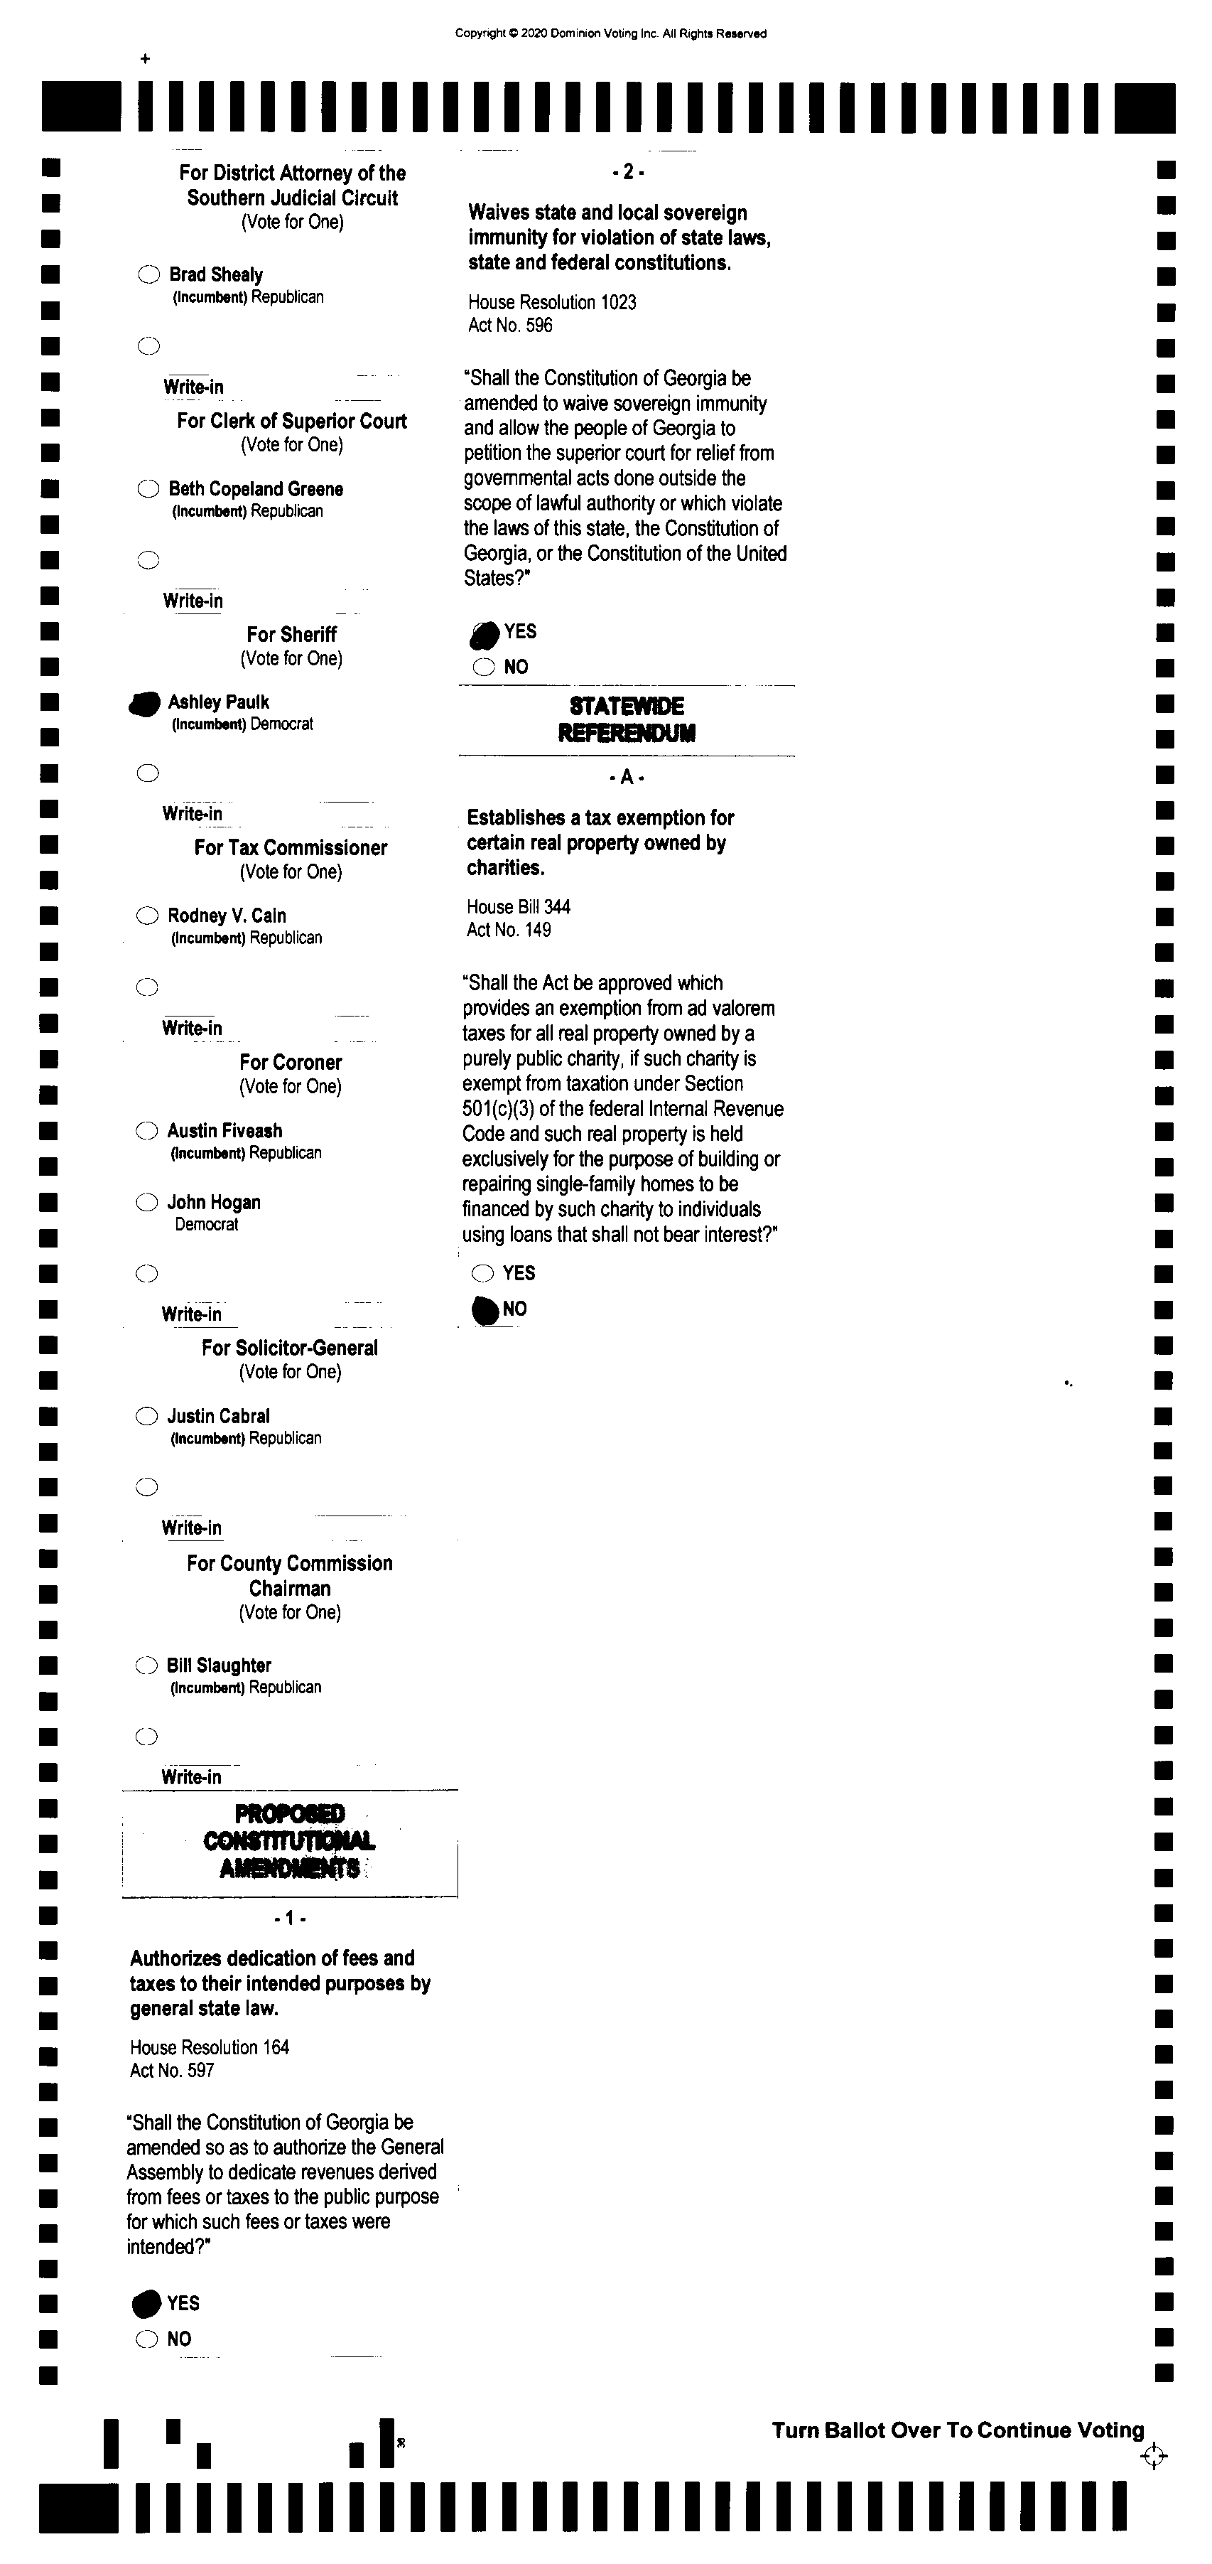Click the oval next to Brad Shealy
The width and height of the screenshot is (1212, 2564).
pyautogui.click(x=148, y=274)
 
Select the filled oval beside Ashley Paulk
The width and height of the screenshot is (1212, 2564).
pyautogui.click(x=145, y=704)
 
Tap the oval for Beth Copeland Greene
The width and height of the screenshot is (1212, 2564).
pyautogui.click(x=148, y=489)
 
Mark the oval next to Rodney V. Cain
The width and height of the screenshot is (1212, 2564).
pyautogui.click(x=147, y=916)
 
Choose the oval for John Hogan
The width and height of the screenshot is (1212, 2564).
pyautogui.click(x=146, y=1202)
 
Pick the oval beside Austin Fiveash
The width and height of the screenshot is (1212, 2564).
pyautogui.click(x=146, y=1131)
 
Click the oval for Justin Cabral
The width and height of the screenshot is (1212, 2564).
pyautogui.click(x=146, y=1417)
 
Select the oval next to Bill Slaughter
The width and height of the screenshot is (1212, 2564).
pyautogui.click(x=146, y=1665)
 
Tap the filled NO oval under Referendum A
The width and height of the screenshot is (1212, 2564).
pyautogui.click(x=485, y=1311)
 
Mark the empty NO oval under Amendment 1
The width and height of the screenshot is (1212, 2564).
pyautogui.click(x=146, y=2339)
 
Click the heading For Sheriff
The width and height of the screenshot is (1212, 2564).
pyautogui.click(x=291, y=634)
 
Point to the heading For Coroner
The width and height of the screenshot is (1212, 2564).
pyautogui.click(x=291, y=1062)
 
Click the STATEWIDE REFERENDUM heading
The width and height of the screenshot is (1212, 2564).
pyautogui.click(x=627, y=719)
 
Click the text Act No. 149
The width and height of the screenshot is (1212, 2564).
pyautogui.click(x=509, y=930)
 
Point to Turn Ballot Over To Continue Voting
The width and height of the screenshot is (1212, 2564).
pyautogui.click(x=957, y=2430)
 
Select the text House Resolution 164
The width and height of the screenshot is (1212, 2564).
pyautogui.click(x=209, y=2047)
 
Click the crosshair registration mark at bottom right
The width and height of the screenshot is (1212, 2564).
pyautogui.click(x=1153, y=2457)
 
